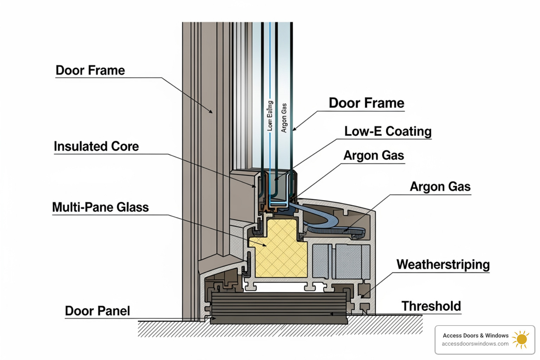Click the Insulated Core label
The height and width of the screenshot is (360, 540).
click(96, 146)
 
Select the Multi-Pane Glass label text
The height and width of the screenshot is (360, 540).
click(100, 207)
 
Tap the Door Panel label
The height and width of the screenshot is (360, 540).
click(97, 311)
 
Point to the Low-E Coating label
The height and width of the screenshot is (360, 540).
click(388, 131)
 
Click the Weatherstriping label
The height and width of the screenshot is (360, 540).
click(443, 264)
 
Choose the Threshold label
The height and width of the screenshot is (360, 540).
click(431, 306)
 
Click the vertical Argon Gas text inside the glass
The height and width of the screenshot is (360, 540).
click(284, 118)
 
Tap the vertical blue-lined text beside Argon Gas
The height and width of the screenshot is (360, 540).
click(270, 116)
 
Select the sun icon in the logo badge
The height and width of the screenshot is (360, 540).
click(521, 339)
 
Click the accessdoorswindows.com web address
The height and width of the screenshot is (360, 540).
click(475, 344)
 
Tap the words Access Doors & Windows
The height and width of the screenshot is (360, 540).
click(475, 335)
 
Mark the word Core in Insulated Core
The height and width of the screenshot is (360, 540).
click(125, 146)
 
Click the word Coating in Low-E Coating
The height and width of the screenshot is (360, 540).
click(409, 131)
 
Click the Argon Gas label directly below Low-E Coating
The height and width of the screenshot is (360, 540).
click(374, 155)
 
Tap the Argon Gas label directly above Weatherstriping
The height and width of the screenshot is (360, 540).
click(440, 186)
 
